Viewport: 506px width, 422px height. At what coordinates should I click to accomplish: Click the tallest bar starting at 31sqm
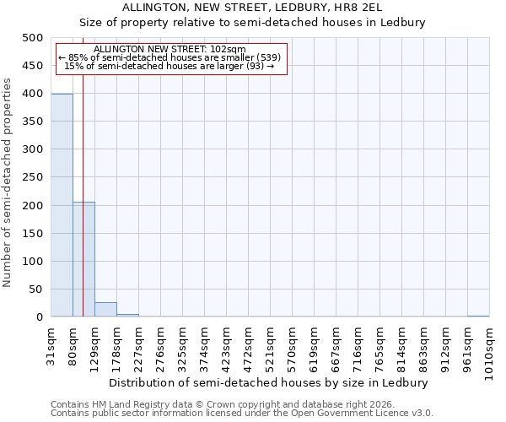point(62,205)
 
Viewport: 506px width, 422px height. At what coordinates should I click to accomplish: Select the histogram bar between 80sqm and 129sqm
point(83,259)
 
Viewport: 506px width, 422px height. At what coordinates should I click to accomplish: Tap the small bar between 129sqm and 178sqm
point(105,310)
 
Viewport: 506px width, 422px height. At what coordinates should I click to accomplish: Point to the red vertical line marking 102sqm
point(83,169)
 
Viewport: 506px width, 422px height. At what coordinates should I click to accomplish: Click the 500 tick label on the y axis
point(32,38)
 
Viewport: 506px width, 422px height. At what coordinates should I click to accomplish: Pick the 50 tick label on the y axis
point(35,289)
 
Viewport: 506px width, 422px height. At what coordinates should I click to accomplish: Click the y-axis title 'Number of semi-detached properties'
point(8,182)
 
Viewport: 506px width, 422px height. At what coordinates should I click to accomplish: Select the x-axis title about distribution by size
point(269,382)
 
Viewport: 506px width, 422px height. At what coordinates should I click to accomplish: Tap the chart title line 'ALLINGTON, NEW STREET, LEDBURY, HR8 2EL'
point(252,8)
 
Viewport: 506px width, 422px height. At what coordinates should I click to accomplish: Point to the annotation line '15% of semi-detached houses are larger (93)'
point(169,66)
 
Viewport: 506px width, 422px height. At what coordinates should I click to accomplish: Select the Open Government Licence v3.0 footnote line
point(242,414)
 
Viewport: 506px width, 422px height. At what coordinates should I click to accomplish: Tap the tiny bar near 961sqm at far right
point(478,316)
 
